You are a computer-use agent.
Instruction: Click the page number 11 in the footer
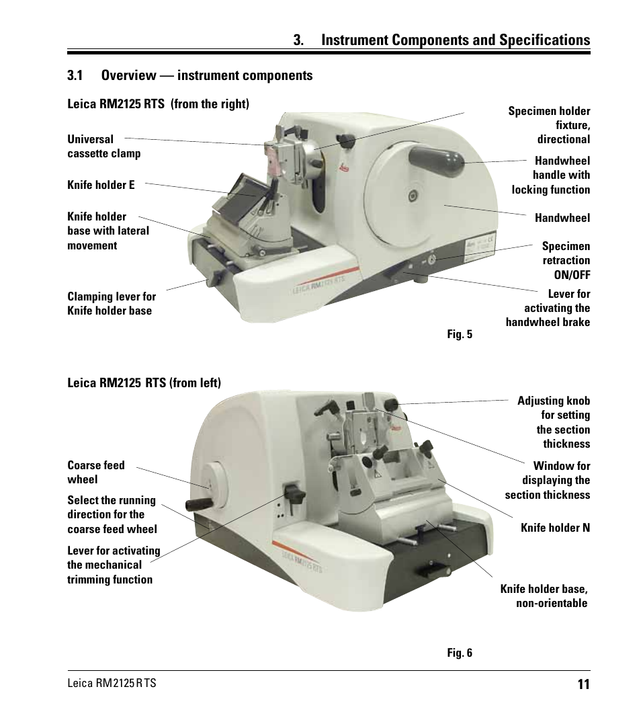(583, 684)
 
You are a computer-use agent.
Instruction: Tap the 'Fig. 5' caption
(460, 334)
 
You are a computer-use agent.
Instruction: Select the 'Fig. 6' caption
(460, 653)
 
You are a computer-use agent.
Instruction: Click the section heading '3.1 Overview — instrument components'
(189, 75)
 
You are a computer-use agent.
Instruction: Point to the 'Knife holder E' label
(101, 184)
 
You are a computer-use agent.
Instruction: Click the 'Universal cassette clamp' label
(103, 146)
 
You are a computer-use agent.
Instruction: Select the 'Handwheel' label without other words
(562, 218)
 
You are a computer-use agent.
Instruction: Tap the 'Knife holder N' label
(555, 528)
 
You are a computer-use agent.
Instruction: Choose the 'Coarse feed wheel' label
(96, 472)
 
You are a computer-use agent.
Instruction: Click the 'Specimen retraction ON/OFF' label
(566, 260)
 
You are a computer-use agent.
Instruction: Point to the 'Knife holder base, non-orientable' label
(544, 596)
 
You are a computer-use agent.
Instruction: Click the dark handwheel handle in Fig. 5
(436, 159)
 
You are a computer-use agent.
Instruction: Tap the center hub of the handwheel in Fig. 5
(413, 196)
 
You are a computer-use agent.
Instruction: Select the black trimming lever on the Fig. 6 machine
(292, 493)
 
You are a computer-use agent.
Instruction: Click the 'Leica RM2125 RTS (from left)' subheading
(144, 383)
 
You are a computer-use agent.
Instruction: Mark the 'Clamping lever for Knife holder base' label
(111, 303)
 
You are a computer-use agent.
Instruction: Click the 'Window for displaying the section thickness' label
(548, 480)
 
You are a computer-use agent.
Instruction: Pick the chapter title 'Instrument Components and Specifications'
(456, 40)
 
